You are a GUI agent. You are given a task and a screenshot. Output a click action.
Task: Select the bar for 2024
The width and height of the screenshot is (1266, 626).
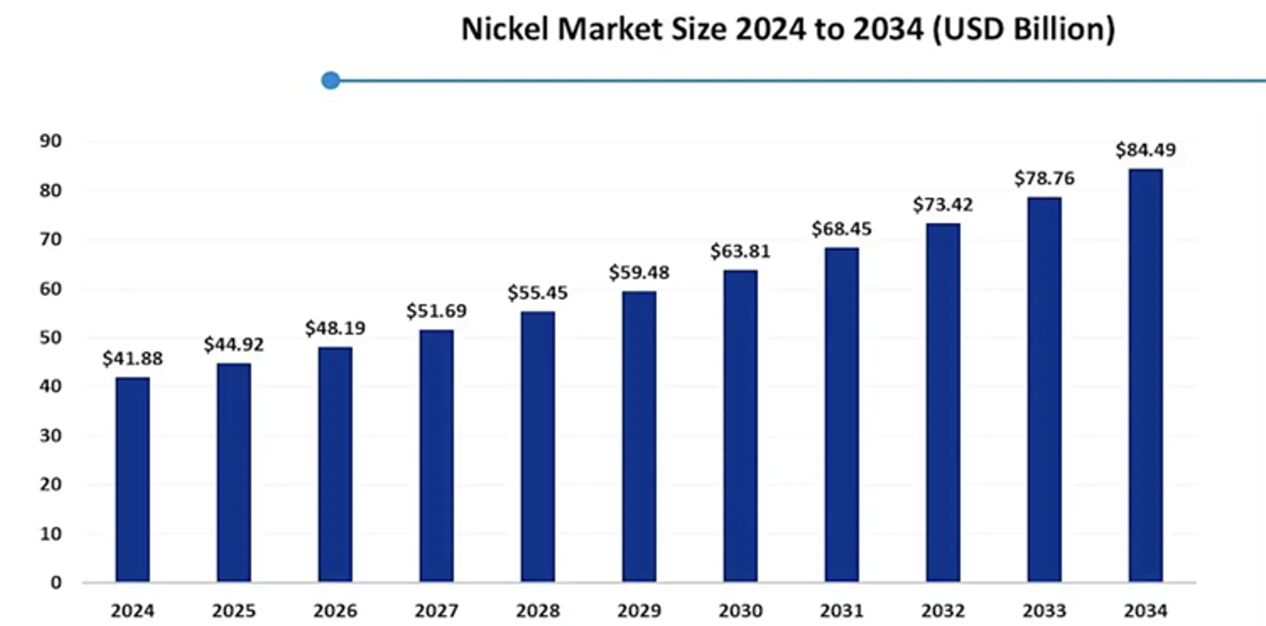coord(132,480)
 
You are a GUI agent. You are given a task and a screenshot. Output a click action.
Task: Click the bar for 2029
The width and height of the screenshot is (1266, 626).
coord(639,436)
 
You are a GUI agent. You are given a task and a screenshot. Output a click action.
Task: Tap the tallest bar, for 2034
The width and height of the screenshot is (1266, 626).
coord(1146,376)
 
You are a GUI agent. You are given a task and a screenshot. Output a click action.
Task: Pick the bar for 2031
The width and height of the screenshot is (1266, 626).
coord(842,415)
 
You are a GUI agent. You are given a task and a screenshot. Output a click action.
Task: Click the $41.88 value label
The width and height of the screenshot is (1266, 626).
coord(132,359)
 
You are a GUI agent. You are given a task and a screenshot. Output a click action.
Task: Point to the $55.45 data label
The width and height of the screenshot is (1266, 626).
coord(538,293)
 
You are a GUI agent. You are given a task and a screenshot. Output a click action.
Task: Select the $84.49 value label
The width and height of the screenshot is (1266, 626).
coord(1146,150)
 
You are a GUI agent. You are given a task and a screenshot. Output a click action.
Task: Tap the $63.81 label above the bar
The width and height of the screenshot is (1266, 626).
coord(740,252)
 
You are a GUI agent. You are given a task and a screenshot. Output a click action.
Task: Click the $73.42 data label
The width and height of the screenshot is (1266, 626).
coord(943,206)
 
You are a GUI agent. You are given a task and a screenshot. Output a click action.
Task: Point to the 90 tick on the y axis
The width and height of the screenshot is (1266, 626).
coord(51,142)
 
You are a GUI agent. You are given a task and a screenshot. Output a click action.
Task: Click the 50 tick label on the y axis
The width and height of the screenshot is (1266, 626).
coord(51,338)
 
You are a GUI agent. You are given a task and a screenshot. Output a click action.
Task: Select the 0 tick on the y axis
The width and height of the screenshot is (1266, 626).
coord(56,583)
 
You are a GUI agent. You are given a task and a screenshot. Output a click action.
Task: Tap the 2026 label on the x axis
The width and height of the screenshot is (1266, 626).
coord(335,611)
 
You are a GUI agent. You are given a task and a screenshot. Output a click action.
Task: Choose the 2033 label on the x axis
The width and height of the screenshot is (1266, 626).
coord(1044,611)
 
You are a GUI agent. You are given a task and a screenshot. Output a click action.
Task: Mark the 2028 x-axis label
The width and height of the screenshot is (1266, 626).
coord(538,611)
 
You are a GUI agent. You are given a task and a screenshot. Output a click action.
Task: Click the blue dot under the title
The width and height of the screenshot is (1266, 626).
coord(331,80)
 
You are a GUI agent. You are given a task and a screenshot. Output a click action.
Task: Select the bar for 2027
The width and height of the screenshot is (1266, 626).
coord(436,456)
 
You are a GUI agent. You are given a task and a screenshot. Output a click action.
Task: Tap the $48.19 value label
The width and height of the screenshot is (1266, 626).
coord(335,329)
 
